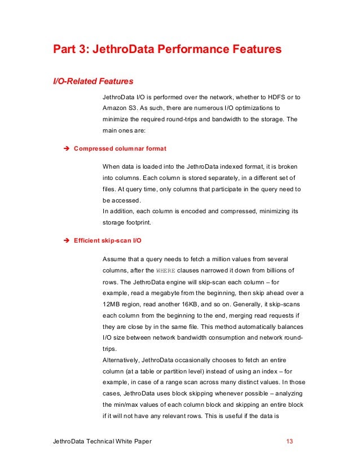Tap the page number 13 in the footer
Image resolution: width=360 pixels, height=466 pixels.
pos(290,441)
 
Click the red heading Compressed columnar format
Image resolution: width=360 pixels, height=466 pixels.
pos(120,148)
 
